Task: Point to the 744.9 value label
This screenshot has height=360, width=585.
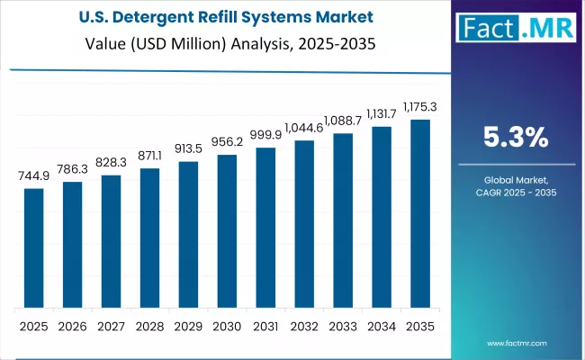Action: (x=33, y=177)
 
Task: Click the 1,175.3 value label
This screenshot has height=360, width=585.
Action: (x=420, y=108)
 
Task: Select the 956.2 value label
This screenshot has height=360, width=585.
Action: (x=227, y=143)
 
